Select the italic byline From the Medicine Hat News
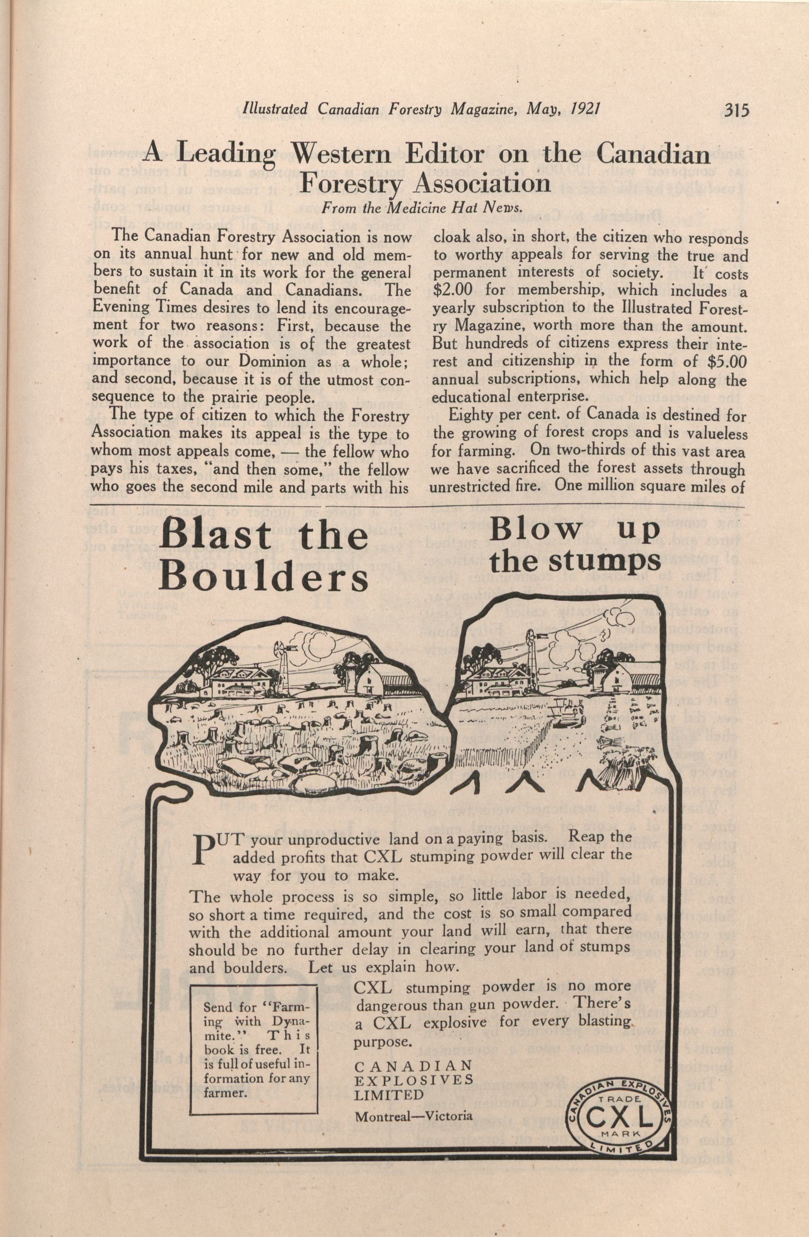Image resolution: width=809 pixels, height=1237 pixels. coord(421,208)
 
